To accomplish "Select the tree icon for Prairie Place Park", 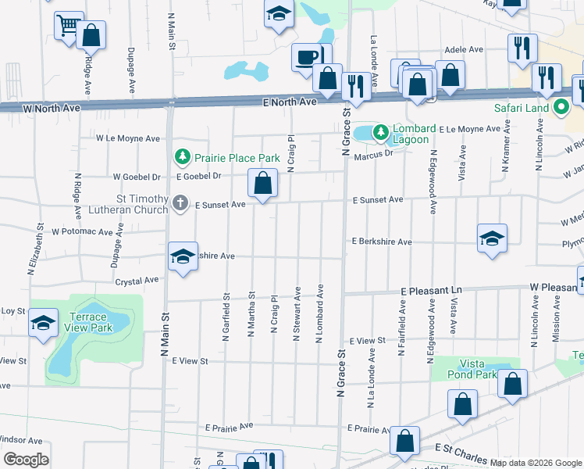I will (182, 157).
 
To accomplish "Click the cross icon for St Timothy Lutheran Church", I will (180, 204).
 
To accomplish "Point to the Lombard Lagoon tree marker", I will (380, 133).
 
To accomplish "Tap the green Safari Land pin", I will (560, 108).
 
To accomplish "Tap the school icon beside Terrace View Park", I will (43, 324).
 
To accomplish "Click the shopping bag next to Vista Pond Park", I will (513, 384).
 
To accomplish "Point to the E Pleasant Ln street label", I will (431, 290).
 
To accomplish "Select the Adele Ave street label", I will (464, 49).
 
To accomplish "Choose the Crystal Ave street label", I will (137, 280).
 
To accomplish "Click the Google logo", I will (26, 459).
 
